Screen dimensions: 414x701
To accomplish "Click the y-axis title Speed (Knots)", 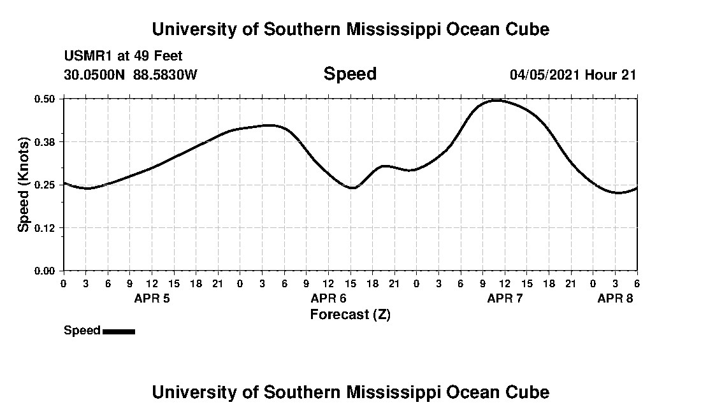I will click(24, 185).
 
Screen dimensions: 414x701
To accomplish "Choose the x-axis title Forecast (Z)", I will click(350, 314).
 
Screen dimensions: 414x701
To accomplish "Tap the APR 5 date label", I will click(152, 298).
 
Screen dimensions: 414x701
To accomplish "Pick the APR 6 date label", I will click(328, 298).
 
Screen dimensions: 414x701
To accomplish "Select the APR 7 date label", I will click(505, 298).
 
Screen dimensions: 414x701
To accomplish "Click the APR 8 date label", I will click(615, 298).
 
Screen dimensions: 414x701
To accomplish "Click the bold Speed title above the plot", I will click(350, 74).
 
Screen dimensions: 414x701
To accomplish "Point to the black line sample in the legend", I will click(119, 331).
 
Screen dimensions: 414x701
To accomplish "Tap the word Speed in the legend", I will click(82, 331).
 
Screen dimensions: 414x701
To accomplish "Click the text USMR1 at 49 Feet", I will click(123, 57).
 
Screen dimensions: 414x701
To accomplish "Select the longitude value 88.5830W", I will click(165, 75).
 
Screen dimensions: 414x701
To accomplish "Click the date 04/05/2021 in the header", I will click(545, 75).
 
